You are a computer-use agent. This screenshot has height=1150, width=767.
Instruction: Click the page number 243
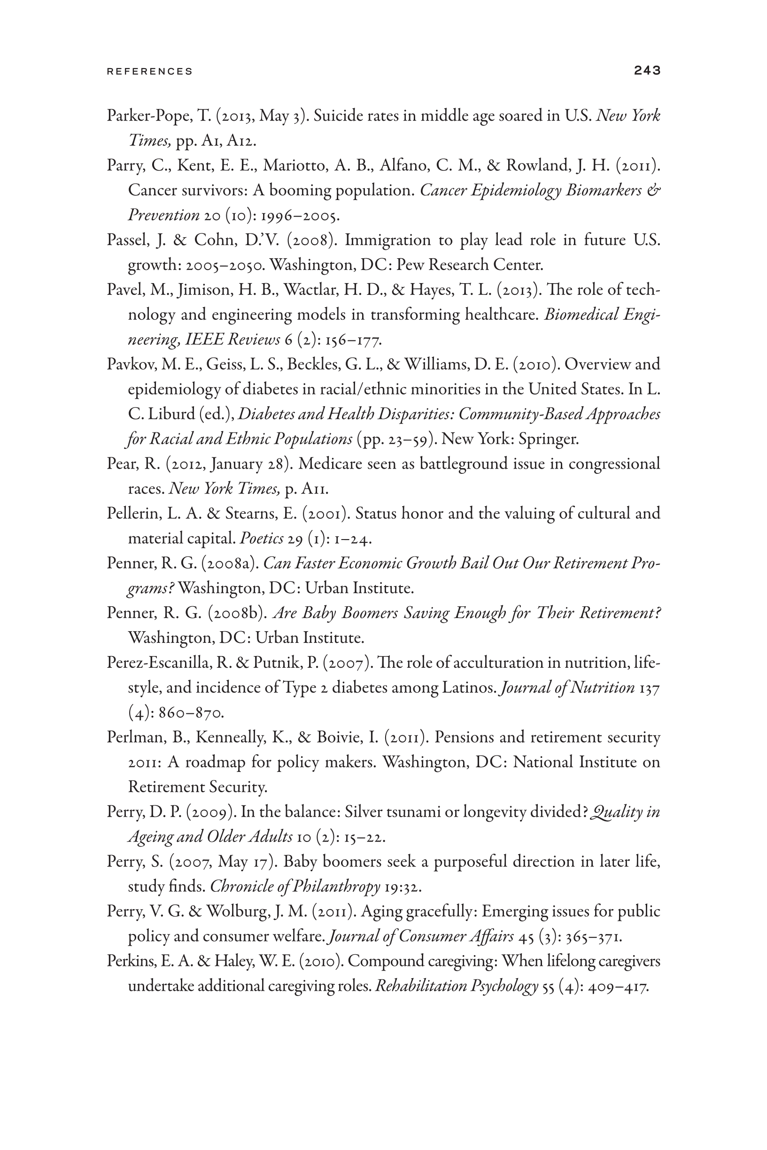(x=647, y=70)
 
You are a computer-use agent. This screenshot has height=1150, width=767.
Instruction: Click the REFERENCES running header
(x=150, y=71)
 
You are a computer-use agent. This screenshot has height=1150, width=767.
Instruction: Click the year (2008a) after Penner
(x=229, y=563)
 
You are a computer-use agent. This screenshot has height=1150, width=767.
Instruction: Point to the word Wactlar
(x=307, y=290)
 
